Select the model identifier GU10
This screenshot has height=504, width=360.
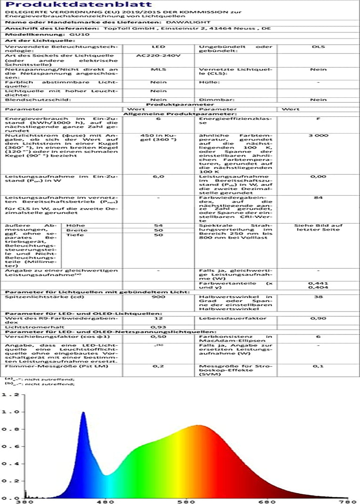pyautogui.click(x=75, y=34)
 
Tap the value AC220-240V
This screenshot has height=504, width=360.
pyautogui.click(x=158, y=55)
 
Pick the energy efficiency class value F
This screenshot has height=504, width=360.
pyautogui.click(x=319, y=119)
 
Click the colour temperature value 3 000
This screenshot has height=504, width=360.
pyautogui.click(x=319, y=136)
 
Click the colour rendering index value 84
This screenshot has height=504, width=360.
pyautogui.click(x=319, y=198)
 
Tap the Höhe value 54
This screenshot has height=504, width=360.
pyautogui.click(x=158, y=225)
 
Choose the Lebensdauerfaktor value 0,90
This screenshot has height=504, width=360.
pyautogui.click(x=319, y=319)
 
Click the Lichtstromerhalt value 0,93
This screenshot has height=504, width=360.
pyautogui.click(x=158, y=326)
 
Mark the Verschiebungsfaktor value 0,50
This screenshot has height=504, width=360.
pyautogui.click(x=158, y=337)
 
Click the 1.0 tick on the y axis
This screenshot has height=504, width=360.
pyautogui.click(x=9, y=412)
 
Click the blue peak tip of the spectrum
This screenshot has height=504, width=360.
pyautogui.click(x=83, y=413)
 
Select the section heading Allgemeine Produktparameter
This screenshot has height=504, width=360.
pyautogui.click(x=180, y=114)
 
